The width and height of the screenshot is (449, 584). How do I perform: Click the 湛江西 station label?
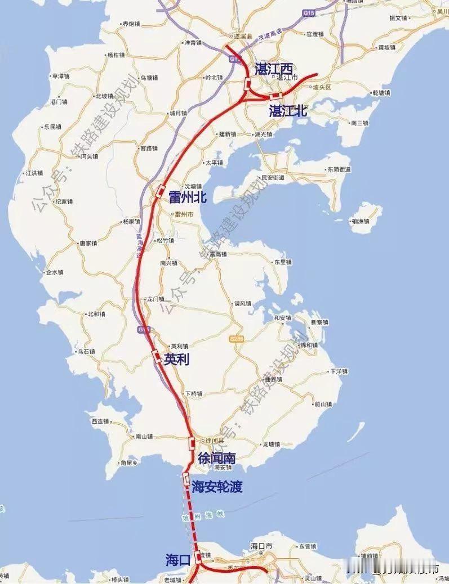[274, 69]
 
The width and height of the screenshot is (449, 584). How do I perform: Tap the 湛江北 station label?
[288, 111]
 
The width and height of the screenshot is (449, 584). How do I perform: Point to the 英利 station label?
[175, 360]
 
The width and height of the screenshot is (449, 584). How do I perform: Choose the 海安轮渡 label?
[217, 487]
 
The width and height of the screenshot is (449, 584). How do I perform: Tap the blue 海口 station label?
[179, 560]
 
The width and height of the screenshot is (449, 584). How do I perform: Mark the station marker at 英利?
[155, 355]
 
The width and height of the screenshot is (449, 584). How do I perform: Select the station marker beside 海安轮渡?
[186, 479]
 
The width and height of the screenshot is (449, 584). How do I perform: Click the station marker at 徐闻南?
[192, 443]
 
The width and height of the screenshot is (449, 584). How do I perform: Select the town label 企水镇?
[55, 272]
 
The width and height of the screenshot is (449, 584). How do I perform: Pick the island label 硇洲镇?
[359, 221]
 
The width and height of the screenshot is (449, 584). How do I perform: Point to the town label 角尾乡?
[129, 462]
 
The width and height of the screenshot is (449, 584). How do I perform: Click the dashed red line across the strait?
[192, 518]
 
